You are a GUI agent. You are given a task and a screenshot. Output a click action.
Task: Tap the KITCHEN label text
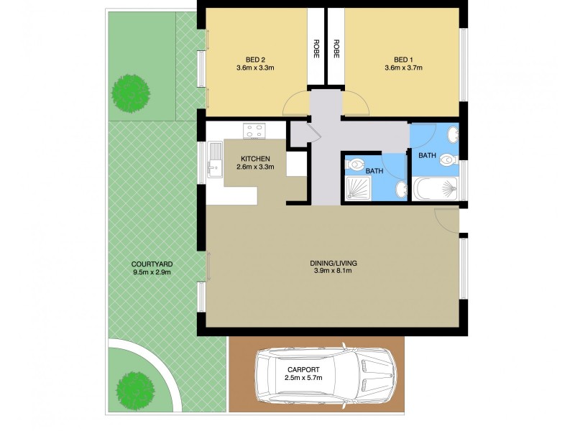point(254,158)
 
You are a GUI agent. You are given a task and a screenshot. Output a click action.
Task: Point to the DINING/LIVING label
point(335,263)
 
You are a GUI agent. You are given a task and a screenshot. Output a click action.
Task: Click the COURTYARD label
point(152,264)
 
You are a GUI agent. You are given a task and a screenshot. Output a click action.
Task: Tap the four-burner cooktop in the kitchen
point(254,131)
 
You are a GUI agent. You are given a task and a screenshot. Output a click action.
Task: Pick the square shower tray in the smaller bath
point(358,189)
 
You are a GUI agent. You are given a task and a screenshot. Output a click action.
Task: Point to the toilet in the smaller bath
point(356,165)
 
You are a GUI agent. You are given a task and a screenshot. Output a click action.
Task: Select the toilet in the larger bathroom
point(448,160)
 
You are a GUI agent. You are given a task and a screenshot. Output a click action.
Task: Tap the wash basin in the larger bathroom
point(451,134)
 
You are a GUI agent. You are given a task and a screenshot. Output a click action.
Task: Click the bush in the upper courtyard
point(132,92)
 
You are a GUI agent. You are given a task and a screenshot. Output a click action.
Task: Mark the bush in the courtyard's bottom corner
point(134,388)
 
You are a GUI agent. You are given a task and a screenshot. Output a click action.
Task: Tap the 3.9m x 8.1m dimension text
point(335,272)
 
